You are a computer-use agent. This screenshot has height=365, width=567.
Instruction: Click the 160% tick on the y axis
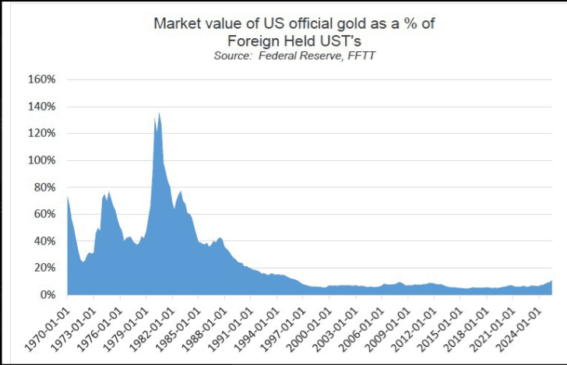(42, 79)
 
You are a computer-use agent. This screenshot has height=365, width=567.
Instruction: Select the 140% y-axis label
(42, 107)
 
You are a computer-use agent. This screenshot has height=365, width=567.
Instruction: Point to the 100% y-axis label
(42, 160)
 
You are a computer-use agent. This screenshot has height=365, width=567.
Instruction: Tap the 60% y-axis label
(44, 214)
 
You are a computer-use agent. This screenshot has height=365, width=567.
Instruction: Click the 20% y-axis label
(44, 268)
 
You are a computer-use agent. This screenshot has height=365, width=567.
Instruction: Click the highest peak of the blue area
(160, 114)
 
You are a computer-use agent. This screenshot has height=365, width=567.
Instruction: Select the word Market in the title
(178, 23)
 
